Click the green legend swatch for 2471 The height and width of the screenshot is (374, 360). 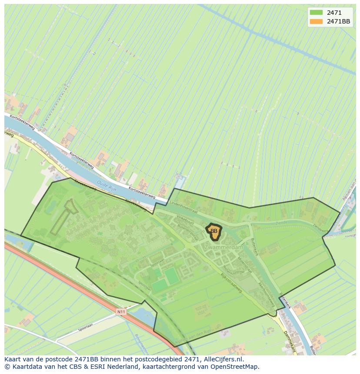[x=316, y=13]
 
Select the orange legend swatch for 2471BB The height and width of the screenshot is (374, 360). [x=316, y=21]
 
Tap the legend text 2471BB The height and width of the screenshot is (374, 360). [x=338, y=21]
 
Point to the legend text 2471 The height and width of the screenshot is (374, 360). [x=334, y=13]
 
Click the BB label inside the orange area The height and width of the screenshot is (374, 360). [x=213, y=231]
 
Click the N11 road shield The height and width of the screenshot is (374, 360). [x=121, y=311]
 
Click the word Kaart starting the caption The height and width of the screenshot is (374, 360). [x=13, y=359]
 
